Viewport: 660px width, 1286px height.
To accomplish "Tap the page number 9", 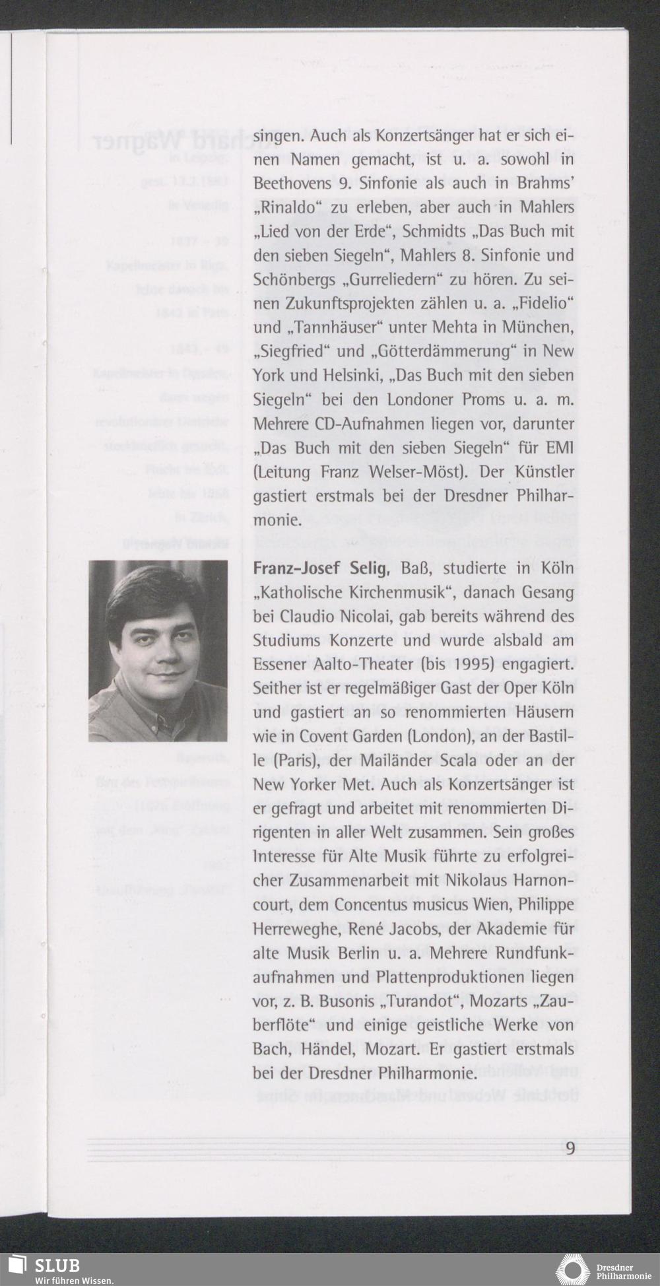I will click(x=570, y=1147).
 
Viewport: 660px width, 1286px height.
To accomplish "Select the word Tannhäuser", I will click(x=326, y=327).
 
